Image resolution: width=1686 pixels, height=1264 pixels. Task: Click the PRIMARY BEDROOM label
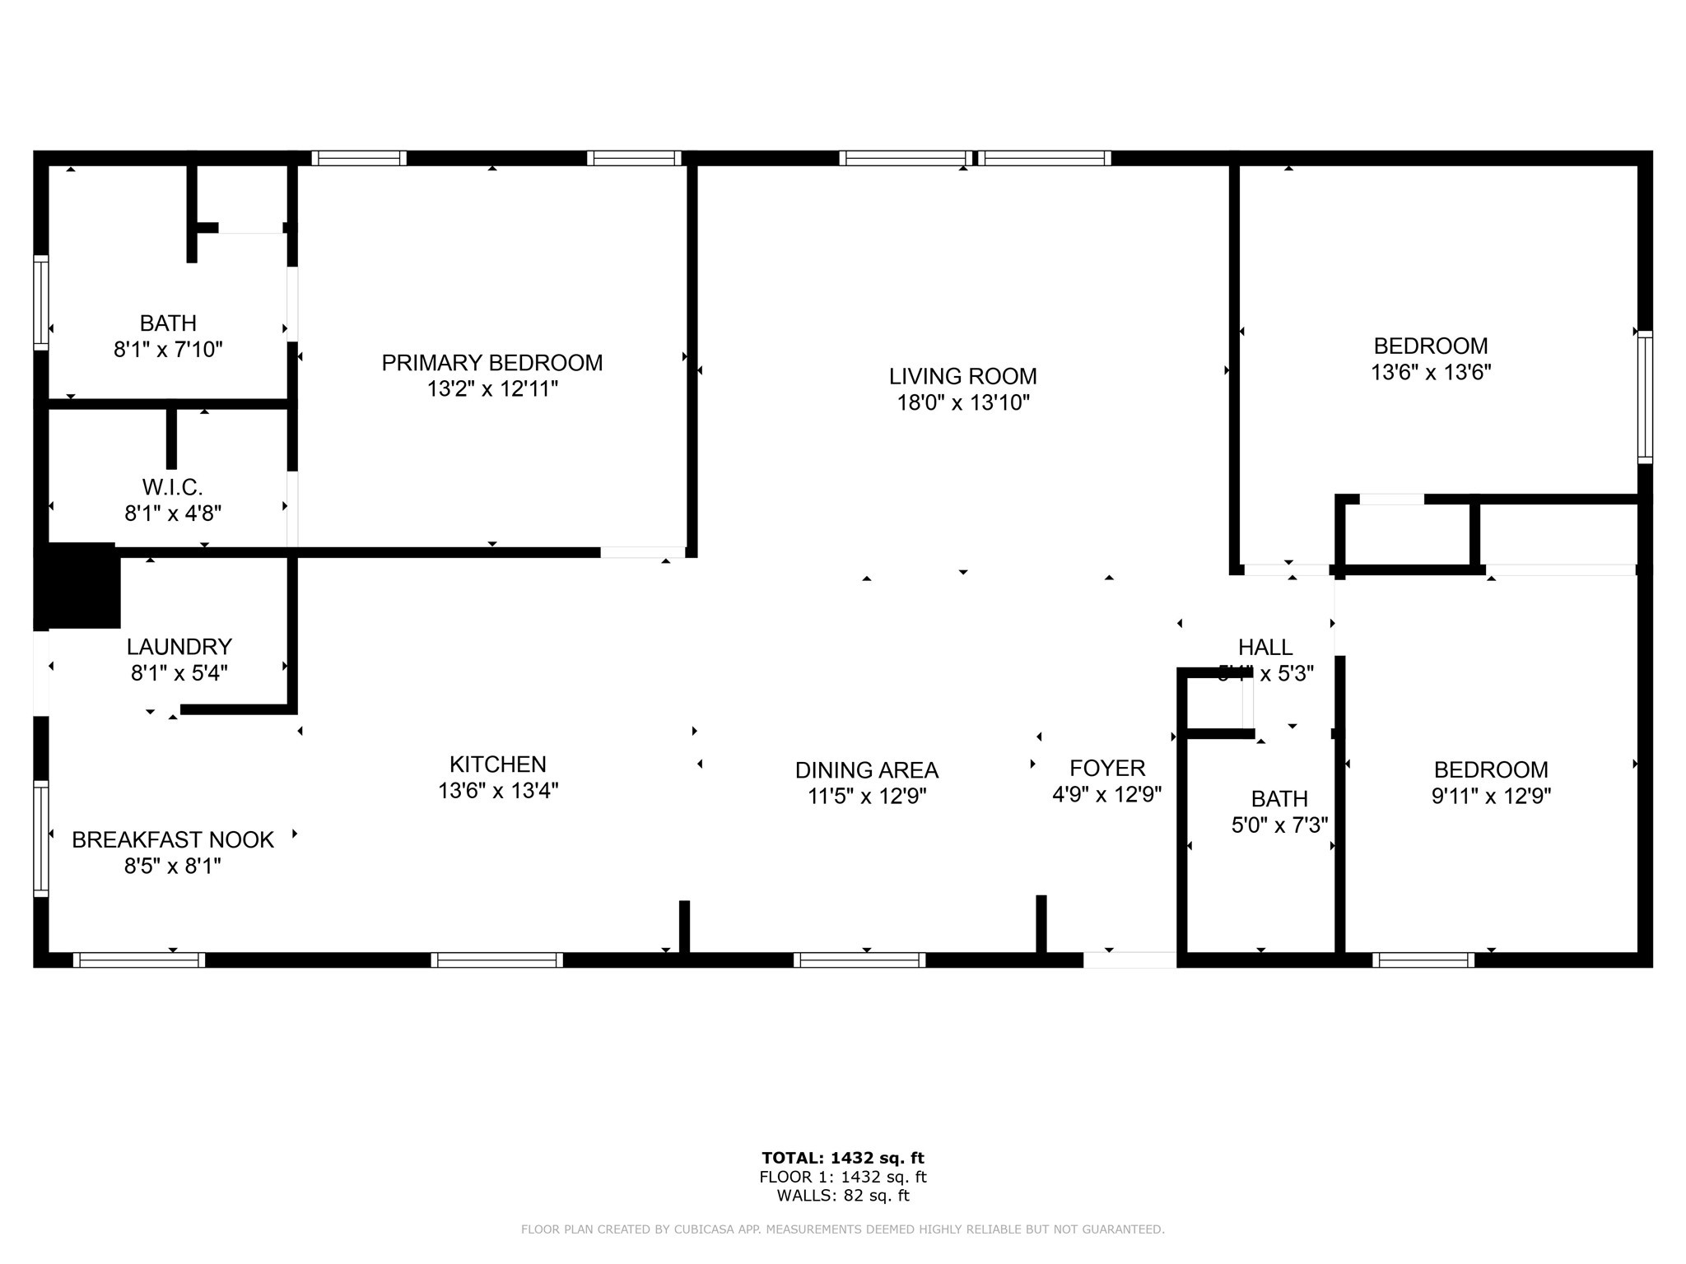point(491,362)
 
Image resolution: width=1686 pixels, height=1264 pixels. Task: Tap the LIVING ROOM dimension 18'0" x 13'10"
point(962,402)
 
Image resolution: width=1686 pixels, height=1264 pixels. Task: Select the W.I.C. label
point(172,487)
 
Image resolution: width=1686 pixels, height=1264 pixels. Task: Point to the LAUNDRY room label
point(179,646)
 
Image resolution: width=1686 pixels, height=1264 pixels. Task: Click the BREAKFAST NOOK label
point(172,839)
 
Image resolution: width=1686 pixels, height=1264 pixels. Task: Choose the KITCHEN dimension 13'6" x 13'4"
point(497,791)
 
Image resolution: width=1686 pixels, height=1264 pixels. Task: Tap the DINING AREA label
point(866,770)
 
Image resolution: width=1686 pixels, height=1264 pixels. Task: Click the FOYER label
point(1106,768)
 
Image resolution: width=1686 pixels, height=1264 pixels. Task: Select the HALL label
point(1264,647)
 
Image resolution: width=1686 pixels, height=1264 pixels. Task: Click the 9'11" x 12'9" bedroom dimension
point(1490,796)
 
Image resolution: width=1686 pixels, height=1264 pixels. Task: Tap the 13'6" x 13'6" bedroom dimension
point(1430,372)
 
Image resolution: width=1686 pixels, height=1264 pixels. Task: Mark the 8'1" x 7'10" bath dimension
point(168,350)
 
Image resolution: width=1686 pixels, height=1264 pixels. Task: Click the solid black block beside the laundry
point(77,585)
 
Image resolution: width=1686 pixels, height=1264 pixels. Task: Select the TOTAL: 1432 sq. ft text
point(842,1158)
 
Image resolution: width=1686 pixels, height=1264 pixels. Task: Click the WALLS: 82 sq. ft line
point(842,1196)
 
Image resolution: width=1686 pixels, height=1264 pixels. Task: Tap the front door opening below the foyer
point(1129,960)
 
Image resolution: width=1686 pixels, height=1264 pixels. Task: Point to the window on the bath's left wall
point(40,302)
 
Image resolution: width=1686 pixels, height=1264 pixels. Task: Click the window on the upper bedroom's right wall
point(1644,397)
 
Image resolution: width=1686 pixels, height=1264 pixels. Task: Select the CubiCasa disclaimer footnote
point(842,1229)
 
